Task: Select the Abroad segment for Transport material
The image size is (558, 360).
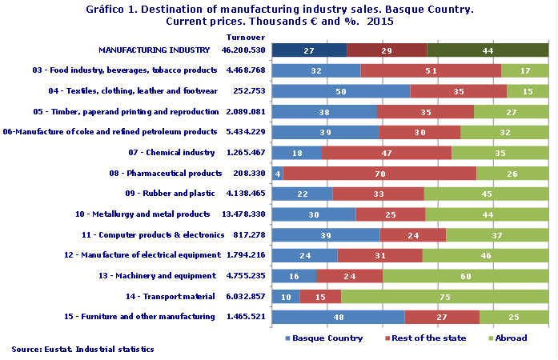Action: [x=444, y=297]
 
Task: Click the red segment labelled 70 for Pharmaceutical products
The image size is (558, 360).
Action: [x=379, y=174]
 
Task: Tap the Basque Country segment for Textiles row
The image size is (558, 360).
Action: [x=341, y=91]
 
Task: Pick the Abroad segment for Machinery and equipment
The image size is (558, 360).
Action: [x=465, y=276]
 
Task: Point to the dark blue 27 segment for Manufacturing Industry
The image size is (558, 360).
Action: [x=309, y=50]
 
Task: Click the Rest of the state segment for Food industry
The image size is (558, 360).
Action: [x=431, y=70]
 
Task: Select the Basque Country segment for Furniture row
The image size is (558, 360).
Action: [x=338, y=317]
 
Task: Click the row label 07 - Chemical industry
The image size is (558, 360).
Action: [x=171, y=152]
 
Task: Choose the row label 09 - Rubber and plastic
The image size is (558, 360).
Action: [x=170, y=193]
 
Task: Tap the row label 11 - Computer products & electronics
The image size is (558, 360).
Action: [x=152, y=234]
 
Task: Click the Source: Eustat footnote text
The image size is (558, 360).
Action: [x=82, y=350]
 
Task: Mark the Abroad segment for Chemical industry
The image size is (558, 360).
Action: [x=500, y=153]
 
